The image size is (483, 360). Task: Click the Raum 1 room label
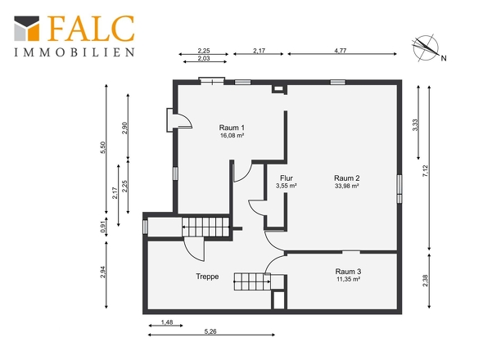coord(232,128)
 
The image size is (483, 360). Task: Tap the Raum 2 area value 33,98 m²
coord(347,186)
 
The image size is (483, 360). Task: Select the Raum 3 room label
coord(348,272)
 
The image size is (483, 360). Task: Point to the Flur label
coord(287,178)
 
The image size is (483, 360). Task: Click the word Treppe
coord(207,277)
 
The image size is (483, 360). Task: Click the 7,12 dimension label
coord(426,171)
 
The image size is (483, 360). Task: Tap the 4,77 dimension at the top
coord(341,51)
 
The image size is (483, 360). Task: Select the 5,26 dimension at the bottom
coord(210,331)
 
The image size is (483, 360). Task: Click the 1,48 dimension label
coord(167,322)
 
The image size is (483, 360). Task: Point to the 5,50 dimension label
coord(103,147)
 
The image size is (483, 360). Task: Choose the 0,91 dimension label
coord(103,227)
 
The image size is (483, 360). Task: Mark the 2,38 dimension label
coord(426,281)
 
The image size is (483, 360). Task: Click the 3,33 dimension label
coord(415,125)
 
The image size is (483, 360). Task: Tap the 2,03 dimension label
coord(204,58)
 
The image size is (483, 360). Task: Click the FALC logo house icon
coord(27,29)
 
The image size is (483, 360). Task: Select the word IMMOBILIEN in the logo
coord(74,52)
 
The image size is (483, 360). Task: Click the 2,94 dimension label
coord(103,272)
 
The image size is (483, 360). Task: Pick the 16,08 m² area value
coord(232,135)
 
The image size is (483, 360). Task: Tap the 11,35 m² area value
coord(348,279)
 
